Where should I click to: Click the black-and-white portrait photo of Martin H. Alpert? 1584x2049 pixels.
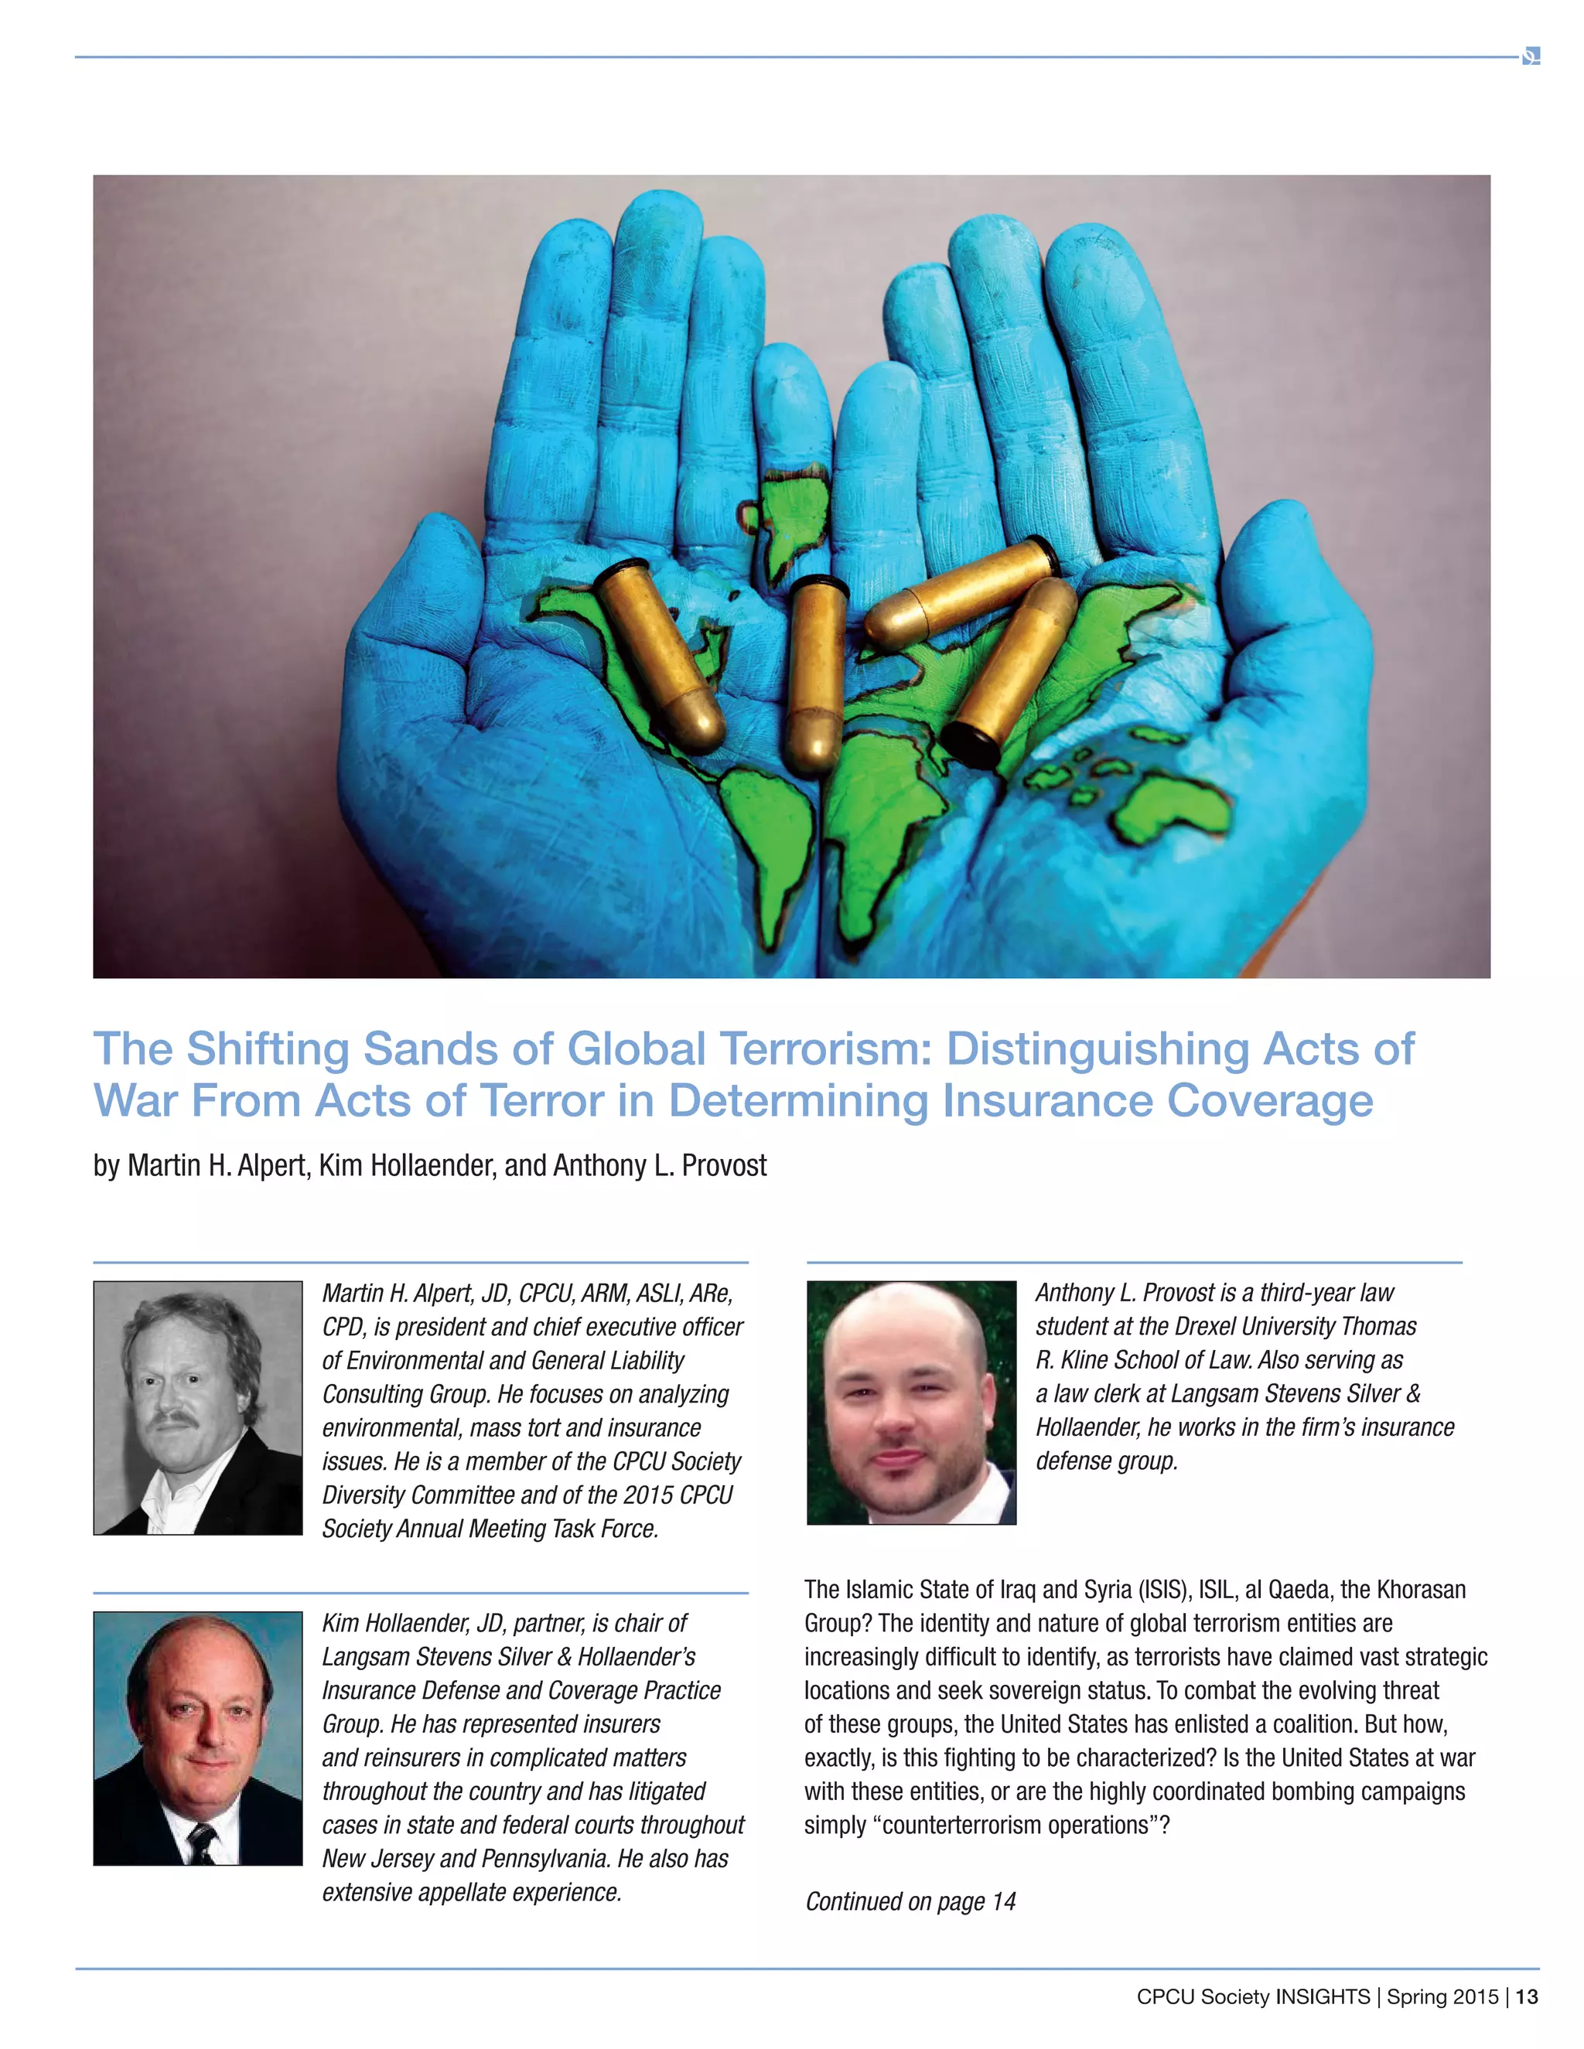198,1407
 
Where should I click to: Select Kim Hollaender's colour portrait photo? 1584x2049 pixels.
198,1737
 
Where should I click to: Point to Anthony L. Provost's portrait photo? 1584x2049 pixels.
911,1402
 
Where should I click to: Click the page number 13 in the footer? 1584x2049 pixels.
1527,1996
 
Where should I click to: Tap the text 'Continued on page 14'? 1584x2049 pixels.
910,1901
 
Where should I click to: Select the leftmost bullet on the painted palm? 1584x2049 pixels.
660,654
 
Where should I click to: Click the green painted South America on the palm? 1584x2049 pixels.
773,844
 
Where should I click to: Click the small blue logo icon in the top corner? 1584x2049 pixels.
1531,56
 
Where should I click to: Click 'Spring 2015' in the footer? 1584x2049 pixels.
1442,1996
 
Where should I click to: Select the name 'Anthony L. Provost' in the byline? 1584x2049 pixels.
660,1165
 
